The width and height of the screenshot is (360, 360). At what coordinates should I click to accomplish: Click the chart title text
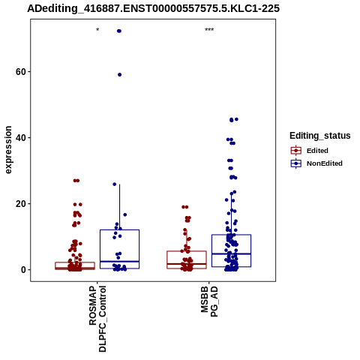pos(153,9)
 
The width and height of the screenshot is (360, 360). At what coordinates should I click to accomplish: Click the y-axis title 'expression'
pos(8,150)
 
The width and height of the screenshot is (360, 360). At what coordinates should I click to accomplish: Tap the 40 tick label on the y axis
pos(21,138)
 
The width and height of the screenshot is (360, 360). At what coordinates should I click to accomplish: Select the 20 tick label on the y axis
pos(21,204)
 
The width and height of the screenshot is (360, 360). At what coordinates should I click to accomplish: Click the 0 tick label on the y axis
pos(23,270)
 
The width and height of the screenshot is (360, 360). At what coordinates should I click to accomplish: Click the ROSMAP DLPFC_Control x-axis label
pos(97,319)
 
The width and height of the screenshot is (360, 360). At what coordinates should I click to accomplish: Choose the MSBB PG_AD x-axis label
pos(209,301)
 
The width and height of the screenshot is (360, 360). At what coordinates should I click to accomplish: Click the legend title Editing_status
pos(320,136)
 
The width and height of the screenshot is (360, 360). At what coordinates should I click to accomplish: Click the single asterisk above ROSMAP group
pos(97,30)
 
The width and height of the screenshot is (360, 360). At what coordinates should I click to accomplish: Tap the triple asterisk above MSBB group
pos(209,30)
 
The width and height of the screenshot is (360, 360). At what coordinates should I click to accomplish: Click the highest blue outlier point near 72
pos(119,31)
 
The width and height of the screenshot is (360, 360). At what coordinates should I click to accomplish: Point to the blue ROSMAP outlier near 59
pos(119,75)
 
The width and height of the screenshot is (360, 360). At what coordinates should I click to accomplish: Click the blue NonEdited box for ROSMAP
pos(119,229)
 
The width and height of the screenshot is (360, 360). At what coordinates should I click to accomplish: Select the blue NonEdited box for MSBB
pos(231,235)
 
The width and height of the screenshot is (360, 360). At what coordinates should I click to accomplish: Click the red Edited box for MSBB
pos(187,251)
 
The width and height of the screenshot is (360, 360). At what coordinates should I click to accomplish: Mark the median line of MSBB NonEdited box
pos(231,253)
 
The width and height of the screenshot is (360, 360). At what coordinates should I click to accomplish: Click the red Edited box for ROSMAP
pos(75,262)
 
